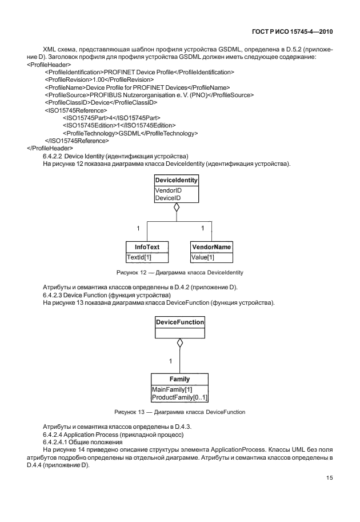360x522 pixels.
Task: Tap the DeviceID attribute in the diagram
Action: (x=167, y=197)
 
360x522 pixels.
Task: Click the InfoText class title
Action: (x=147, y=247)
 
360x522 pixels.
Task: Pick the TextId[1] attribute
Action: (x=139, y=257)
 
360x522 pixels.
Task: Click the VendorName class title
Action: (x=211, y=247)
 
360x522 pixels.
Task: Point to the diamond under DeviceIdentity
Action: (x=177, y=208)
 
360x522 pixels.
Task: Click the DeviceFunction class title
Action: (x=180, y=322)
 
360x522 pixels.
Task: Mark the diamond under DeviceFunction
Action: (x=180, y=343)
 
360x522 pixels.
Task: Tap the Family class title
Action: (x=179, y=379)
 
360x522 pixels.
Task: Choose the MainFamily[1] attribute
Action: (x=173, y=389)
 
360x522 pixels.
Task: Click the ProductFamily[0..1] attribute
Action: (x=179, y=397)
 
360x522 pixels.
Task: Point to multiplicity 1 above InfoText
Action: (x=138, y=229)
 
